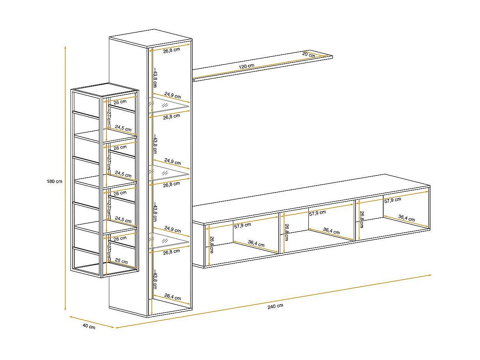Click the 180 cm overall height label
coord(54,181)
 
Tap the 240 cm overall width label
coord(275,306)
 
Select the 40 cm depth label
coord(89,326)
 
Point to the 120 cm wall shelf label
coord(246,66)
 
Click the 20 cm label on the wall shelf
coord(308,54)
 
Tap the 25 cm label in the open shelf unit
coord(121,261)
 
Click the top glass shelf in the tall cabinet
coord(170,105)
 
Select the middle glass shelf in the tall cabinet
coord(170,173)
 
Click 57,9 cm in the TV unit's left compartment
coord(242,225)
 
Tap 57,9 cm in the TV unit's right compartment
coord(392,200)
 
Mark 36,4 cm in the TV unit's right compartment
coord(406,218)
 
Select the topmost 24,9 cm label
coord(172,95)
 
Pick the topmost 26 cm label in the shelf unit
coord(120,102)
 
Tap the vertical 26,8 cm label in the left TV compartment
coord(211,244)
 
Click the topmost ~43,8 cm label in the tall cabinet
coord(154,77)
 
